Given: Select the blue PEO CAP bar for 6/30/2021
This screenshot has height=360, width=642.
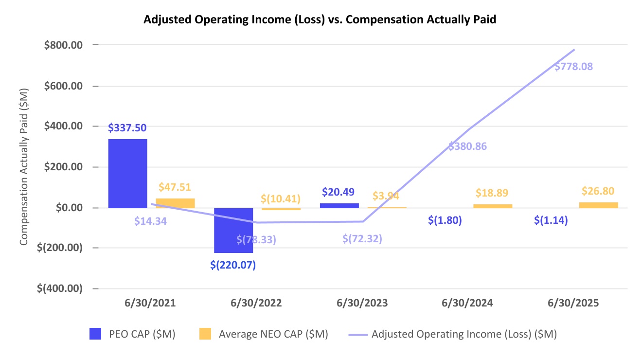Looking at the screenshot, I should [127, 174].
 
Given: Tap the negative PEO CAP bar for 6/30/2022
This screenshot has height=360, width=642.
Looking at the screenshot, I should [233, 230].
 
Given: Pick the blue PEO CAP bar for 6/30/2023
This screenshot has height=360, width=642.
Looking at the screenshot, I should [339, 206].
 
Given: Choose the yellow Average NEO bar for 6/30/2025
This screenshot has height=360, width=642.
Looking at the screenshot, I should [599, 205].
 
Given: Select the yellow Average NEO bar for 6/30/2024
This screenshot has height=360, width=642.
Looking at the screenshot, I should [493, 206].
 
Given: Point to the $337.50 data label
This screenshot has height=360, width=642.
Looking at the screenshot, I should [127, 128].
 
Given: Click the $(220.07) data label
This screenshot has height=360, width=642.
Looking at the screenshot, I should [233, 265].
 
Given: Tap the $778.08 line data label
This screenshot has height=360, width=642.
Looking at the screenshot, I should [573, 67].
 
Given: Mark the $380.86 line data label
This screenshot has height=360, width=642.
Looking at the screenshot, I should [467, 146].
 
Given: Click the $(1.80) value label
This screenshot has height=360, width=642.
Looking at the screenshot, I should [445, 220].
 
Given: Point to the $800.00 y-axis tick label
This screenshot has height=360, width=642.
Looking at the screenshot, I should [63, 45].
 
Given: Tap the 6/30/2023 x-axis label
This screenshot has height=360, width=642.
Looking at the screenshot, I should [362, 303].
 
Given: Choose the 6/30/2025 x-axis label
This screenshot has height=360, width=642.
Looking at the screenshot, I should [573, 303].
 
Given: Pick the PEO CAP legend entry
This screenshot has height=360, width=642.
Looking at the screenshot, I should [133, 334].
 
